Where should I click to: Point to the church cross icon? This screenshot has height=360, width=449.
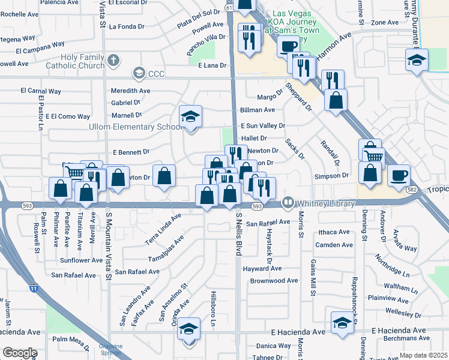click(114, 60)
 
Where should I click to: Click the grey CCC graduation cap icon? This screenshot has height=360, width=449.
click(139, 73)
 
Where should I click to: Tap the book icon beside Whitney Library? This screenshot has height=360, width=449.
click(288, 203)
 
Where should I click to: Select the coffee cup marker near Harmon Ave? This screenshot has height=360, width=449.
click(289, 46)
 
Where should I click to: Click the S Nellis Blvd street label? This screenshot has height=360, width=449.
click(238, 234)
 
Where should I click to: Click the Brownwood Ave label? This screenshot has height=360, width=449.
click(274, 280)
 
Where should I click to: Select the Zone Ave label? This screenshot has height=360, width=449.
click(385, 23)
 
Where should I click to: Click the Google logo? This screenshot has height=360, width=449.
click(20, 353)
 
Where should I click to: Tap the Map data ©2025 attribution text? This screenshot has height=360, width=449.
click(424, 355)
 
